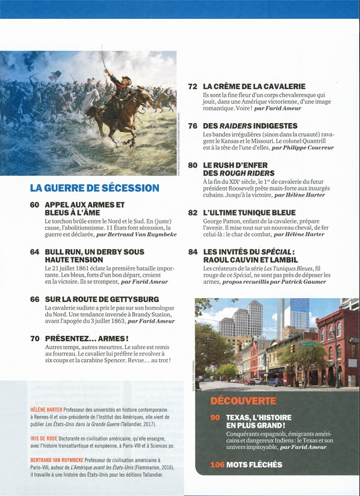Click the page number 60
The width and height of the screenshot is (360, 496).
34,205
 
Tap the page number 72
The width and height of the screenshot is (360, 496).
193,86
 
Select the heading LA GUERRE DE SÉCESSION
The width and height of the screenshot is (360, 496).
94,188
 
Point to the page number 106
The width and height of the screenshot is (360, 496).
217,465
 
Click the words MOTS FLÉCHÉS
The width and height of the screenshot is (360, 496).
254,465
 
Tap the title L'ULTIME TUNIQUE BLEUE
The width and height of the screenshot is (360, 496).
249,212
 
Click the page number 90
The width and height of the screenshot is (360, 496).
215,417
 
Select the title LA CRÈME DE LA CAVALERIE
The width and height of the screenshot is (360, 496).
254,86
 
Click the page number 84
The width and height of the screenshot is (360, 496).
193,252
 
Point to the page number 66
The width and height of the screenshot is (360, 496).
34,299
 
